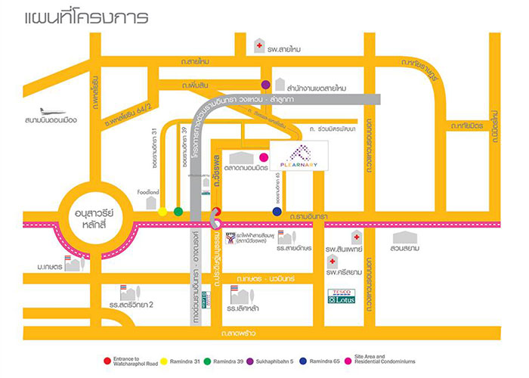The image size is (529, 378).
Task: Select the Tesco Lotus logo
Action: (341, 296)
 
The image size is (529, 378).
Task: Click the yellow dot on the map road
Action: (162, 212)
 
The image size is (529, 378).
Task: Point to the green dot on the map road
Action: (178, 212)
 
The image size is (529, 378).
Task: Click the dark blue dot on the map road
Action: (277, 212)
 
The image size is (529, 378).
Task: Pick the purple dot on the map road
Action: (265, 85)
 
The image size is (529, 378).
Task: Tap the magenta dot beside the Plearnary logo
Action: (263, 156)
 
